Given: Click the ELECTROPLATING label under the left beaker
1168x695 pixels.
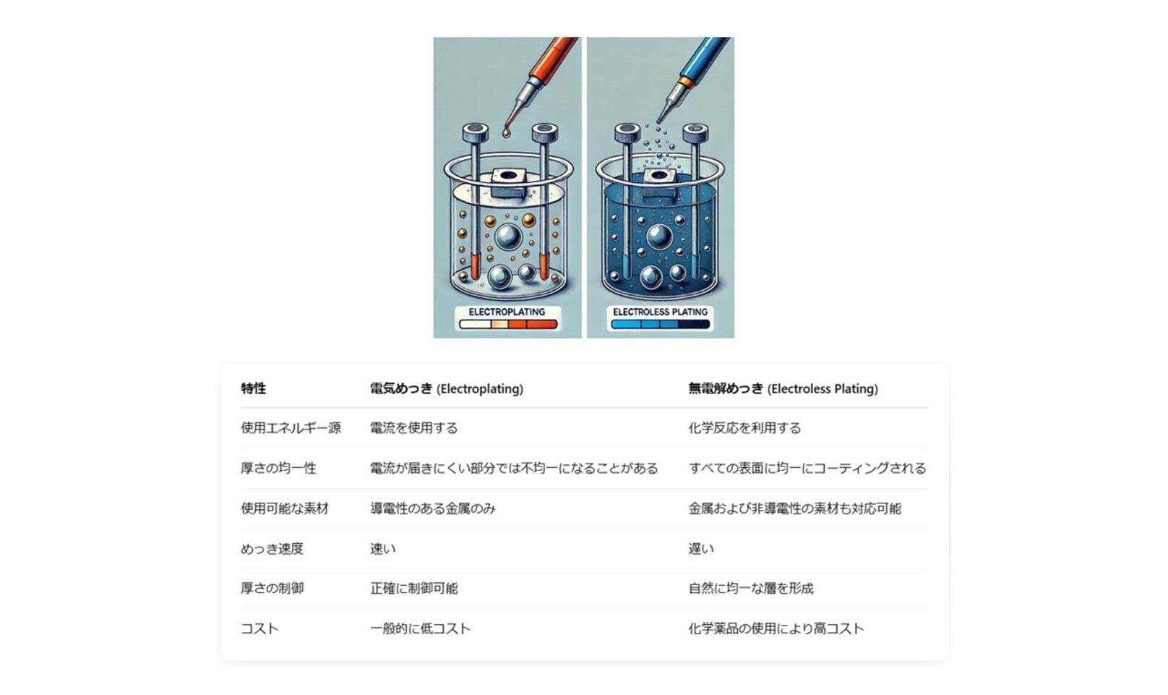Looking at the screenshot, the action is pos(507,312).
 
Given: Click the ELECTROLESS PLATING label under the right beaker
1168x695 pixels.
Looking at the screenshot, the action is pos(660,312).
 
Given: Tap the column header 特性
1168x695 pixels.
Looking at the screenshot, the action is pos(254,388).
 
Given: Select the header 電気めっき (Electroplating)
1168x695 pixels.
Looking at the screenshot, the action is pos(447,388).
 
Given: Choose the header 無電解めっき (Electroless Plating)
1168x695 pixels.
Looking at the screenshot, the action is pos(783,388).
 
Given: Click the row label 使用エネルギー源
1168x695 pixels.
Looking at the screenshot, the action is pos(291,428).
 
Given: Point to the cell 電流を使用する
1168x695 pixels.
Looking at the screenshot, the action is pos(414,428).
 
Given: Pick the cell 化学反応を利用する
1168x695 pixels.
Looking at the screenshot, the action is pos(744,428).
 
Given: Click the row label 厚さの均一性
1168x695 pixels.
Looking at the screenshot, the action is pos(278,469).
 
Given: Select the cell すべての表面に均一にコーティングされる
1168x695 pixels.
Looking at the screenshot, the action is pos(807,469).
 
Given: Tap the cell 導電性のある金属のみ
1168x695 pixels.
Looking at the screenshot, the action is pos(433,508).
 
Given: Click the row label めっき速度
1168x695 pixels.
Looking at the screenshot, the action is pos(272,549).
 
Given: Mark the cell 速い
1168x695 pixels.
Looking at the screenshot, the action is pos(383,549).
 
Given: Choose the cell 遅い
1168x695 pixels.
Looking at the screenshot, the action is pos(701,549).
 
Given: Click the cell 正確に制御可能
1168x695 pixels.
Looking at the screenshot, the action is pos(414,589).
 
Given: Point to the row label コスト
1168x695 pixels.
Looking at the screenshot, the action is pos(259,628).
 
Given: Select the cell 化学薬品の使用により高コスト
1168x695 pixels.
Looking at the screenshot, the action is pos(776,628).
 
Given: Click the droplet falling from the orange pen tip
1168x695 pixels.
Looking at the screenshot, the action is pos(506,134).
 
